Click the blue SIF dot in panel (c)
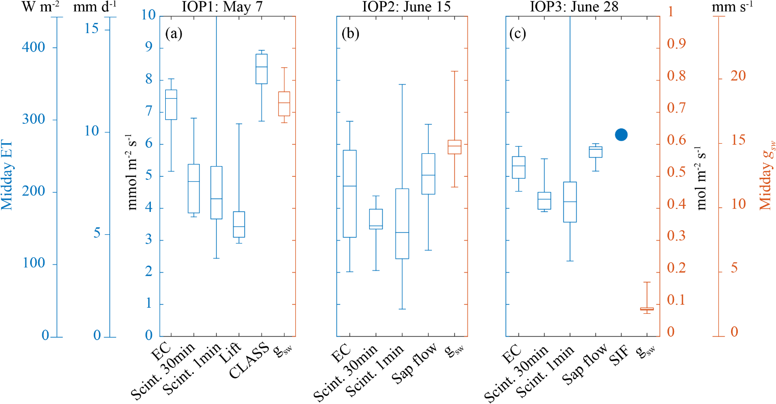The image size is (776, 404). [x=621, y=134]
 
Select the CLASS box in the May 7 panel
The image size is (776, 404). [x=262, y=69]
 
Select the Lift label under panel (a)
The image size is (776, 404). [x=230, y=353]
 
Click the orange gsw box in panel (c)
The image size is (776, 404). [x=647, y=309]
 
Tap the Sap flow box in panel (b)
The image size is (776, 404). [x=428, y=174]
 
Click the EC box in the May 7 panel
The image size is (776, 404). [x=171, y=104]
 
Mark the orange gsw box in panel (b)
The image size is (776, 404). [x=454, y=147]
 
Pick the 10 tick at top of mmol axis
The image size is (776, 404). [x=148, y=15]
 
